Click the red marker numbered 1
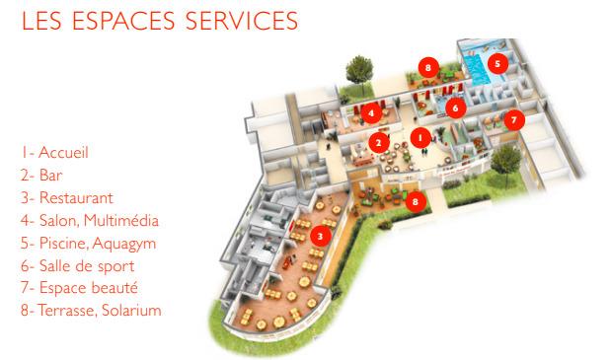420,138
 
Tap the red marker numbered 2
379,143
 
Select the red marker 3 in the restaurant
321,237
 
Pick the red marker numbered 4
371,113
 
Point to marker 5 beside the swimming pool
497,63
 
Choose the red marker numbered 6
455,108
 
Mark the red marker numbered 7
514,120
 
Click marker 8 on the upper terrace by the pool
428,68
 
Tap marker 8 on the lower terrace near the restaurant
416,201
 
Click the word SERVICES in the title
242,21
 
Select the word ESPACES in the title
123,21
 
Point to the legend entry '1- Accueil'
54,152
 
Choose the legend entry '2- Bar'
41,176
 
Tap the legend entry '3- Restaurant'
67,197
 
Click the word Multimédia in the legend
121,220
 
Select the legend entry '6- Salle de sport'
78,266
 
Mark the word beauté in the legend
115,288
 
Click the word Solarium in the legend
131,311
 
